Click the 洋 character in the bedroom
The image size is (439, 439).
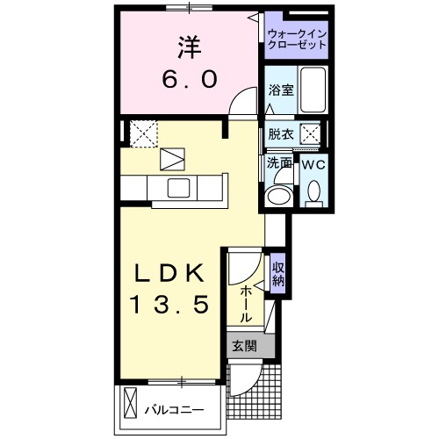click(x=186, y=45)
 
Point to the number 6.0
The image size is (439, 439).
click(x=187, y=78)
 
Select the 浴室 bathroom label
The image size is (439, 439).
click(x=280, y=89)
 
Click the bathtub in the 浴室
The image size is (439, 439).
click(x=313, y=90)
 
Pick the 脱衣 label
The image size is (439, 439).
click(x=281, y=134)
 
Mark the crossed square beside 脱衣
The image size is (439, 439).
click(x=310, y=134)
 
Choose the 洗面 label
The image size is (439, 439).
click(x=280, y=162)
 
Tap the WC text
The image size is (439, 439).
click(x=313, y=164)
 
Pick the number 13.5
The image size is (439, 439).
click(x=169, y=305)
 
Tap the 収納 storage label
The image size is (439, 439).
click(x=277, y=274)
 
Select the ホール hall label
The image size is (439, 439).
click(x=247, y=303)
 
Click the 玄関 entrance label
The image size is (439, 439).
click(x=244, y=346)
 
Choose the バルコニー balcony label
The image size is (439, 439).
click(x=174, y=408)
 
